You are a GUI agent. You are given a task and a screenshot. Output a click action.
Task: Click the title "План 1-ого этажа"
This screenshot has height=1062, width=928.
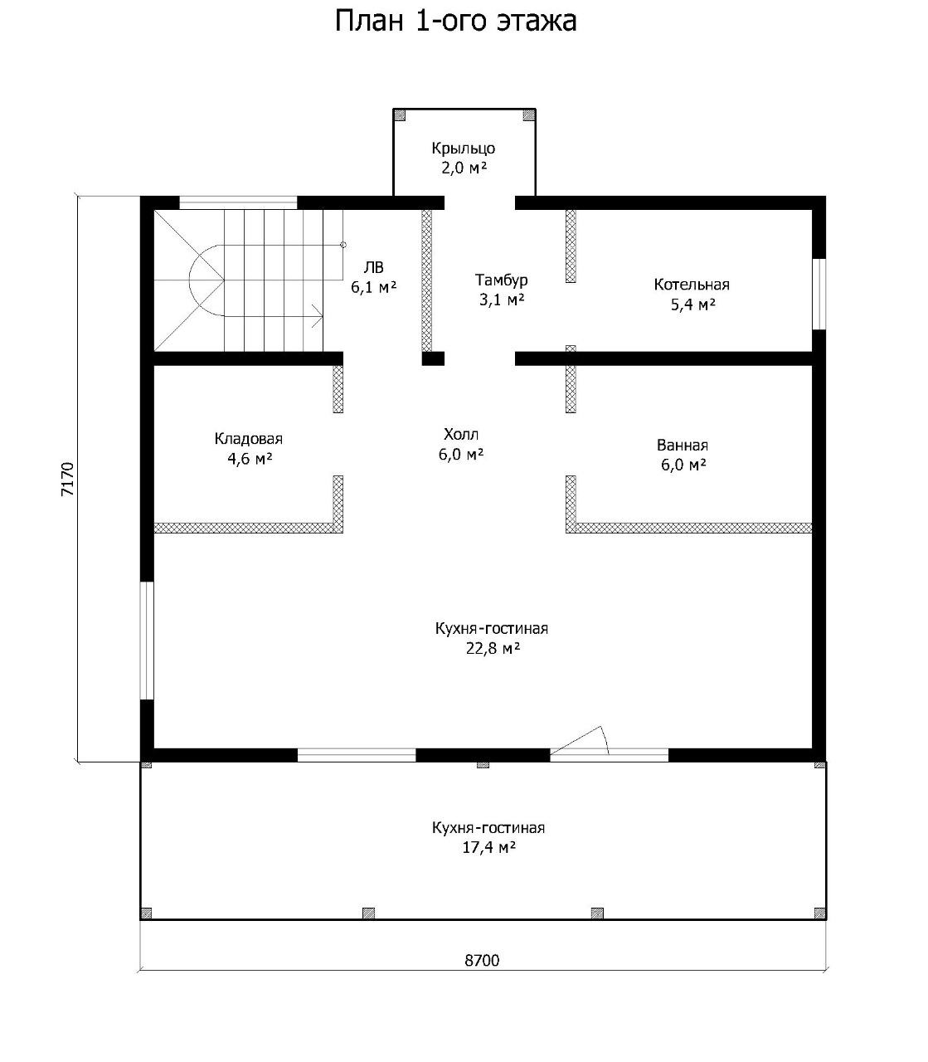pos(455,22)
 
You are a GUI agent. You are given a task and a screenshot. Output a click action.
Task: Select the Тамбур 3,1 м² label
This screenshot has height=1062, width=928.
pos(502,290)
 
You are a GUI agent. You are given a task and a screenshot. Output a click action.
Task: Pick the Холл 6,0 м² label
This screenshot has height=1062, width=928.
pos(461,445)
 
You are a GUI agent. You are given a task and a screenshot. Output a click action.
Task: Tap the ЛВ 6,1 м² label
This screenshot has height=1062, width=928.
pos(373,277)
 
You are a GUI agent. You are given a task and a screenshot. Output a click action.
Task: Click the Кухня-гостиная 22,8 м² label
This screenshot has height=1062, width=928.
pos(492,639)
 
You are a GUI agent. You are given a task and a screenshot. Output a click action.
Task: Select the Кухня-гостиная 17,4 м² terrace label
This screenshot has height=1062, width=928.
pos(488,838)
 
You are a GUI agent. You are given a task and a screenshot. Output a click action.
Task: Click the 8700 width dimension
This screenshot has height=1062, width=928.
pos(482,961)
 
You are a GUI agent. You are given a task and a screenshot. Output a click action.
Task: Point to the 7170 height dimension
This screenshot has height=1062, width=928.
pos(68,479)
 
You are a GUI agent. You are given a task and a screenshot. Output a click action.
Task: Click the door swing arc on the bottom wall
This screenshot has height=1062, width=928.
pos(605,739)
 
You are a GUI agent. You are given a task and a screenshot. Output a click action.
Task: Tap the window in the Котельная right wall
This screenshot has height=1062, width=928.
pos(819,293)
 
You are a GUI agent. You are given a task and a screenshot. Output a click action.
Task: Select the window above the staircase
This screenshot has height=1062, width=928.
pos(238,202)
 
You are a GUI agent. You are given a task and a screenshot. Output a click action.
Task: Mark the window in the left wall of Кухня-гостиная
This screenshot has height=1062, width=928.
pos(148,641)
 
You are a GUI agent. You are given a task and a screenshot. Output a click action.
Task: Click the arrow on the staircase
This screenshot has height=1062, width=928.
pos(317,316)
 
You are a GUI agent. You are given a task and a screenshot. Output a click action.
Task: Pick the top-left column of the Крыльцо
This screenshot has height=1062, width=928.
pos(400,114)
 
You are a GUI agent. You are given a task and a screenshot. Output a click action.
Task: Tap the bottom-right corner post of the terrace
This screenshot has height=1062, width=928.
pos(820,913)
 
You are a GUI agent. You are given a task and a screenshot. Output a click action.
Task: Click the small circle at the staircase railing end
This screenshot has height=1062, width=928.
pos(343,245)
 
